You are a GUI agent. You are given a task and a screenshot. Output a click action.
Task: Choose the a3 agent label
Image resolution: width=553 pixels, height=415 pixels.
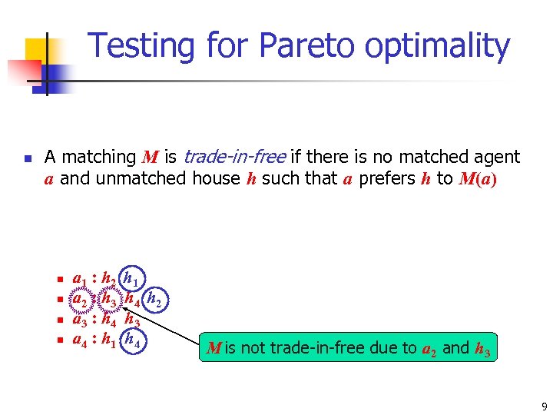pos(79,320)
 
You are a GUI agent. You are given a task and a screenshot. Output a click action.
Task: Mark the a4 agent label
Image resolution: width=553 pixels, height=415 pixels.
pos(79,339)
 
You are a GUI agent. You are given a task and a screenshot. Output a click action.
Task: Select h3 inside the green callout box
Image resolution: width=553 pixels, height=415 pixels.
pos(484,348)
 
